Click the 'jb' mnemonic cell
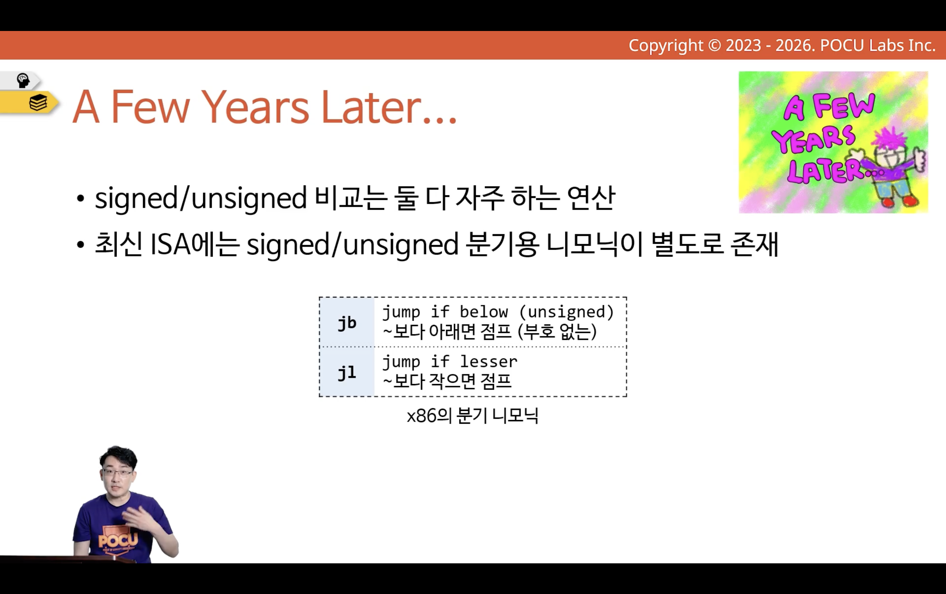[347, 323]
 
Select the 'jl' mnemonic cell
[347, 372]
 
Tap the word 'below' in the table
[484, 312]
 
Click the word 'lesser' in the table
[489, 361]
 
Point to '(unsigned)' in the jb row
[567, 312]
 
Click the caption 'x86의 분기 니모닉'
[472, 416]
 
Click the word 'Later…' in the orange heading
[389, 107]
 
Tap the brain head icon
[23, 80]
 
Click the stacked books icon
[38, 103]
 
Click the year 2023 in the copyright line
[743, 46]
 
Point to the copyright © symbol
[715, 46]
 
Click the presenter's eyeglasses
[117, 472]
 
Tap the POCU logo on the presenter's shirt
[118, 540]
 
